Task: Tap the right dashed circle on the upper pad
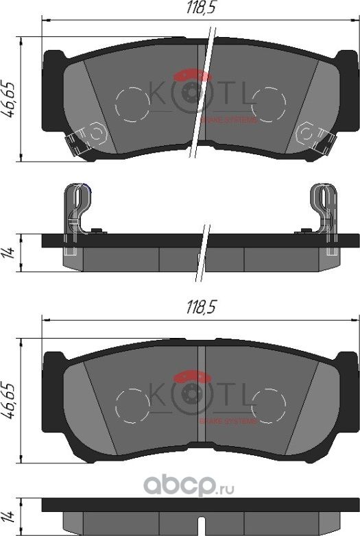pyautogui.click(x=268, y=105)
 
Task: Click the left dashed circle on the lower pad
pyautogui.click(x=132, y=405)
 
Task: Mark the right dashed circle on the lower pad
pyautogui.click(x=268, y=405)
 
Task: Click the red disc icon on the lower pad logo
pyautogui.click(x=192, y=376)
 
